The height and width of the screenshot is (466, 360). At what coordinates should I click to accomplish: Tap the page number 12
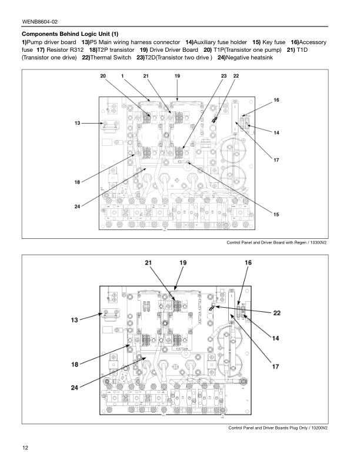pos(25,449)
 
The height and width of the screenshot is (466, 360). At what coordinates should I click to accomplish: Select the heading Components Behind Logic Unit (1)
pos(70,34)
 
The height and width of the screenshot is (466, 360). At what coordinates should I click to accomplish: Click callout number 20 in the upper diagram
pos(102,76)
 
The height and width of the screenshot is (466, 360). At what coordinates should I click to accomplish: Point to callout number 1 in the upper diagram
pos(122,76)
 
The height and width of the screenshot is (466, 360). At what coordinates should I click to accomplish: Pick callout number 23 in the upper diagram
pos(224,76)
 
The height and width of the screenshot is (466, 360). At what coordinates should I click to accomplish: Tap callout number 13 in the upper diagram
pos(77,124)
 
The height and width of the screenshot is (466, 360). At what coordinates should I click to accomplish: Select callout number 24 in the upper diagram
pos(77,206)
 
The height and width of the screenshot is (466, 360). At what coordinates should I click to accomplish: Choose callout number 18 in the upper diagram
pos(77,182)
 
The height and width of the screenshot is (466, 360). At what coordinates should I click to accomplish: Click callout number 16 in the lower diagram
pos(248,262)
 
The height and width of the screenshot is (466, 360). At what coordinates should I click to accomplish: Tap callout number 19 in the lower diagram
pos(183,262)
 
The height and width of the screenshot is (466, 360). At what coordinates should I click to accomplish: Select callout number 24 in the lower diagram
pos(75,387)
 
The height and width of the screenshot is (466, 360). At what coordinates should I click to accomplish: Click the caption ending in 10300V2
pos(276,243)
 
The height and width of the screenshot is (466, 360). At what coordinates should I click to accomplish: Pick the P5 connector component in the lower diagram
pos(109,315)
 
